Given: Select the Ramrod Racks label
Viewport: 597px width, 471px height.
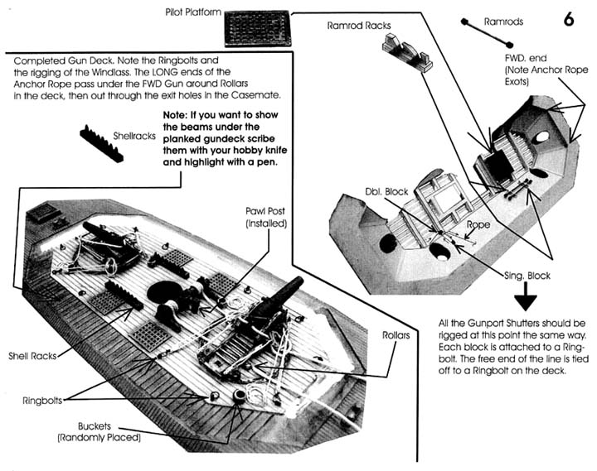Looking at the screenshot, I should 358,26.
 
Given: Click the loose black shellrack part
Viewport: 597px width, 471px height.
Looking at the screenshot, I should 102,141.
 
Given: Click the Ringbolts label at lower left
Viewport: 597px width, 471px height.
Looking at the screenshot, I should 43,401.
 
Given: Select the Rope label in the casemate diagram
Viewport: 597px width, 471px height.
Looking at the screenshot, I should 478,223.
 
